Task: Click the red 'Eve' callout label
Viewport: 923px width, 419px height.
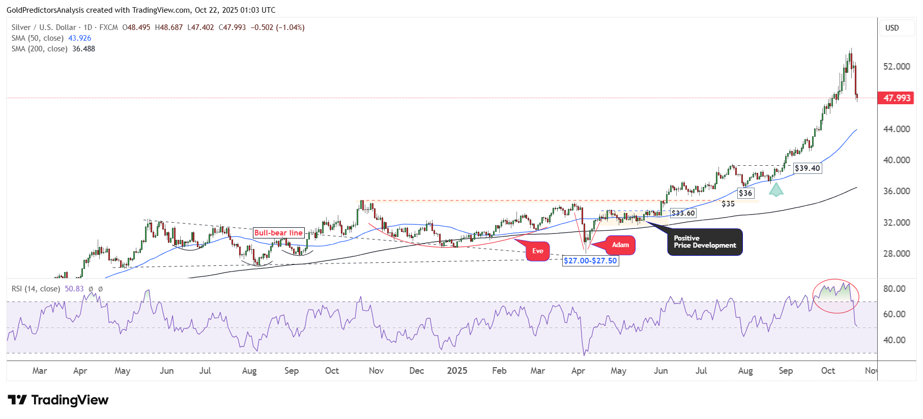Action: point(537,251)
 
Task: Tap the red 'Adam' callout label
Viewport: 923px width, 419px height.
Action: point(620,245)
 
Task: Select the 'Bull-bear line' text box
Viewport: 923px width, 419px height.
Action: point(278,233)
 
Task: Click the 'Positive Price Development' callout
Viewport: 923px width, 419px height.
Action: point(705,242)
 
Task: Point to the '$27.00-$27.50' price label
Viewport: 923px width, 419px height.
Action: point(590,261)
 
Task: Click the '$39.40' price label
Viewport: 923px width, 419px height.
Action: point(807,168)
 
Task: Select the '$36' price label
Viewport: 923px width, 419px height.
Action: point(745,193)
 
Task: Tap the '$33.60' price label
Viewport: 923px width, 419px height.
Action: point(683,213)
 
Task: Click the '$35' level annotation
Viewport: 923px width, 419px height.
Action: point(728,204)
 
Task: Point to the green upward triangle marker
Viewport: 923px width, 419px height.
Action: point(775,190)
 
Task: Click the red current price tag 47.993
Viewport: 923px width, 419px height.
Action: point(896,98)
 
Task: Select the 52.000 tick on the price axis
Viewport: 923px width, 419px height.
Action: point(897,67)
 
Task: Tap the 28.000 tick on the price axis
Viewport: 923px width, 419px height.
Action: point(897,254)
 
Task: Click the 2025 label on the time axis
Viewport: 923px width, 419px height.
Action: point(457,371)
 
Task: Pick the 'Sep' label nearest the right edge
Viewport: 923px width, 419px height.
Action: point(786,371)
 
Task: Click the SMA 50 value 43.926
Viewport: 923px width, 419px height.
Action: point(80,38)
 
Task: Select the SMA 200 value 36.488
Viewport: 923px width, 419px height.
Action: point(83,49)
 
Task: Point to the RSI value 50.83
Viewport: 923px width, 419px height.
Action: point(74,289)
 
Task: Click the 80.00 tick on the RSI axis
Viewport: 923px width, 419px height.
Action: point(894,289)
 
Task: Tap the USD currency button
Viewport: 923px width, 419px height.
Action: point(892,28)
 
